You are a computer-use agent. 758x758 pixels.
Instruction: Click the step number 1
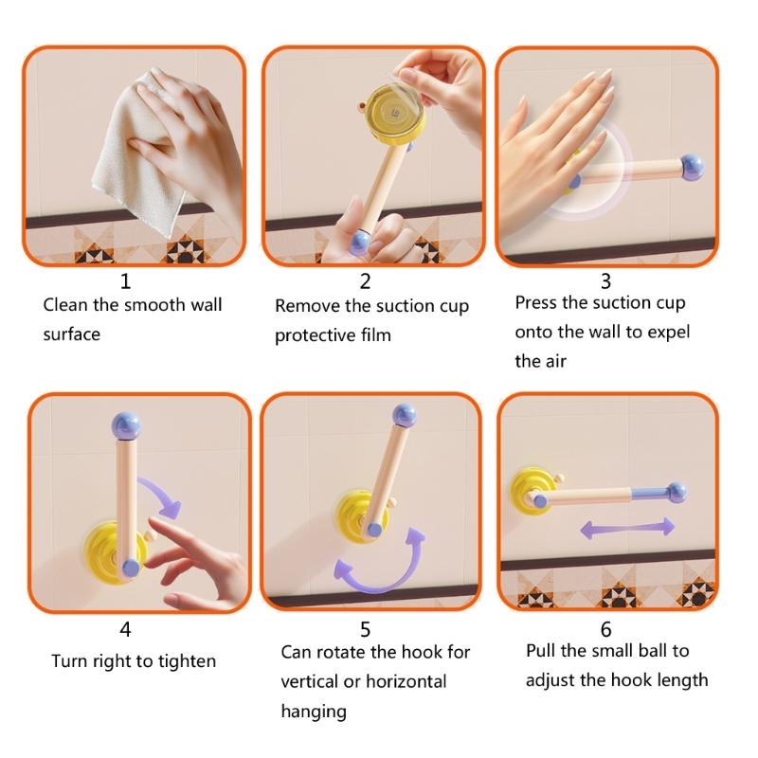[x=125, y=281]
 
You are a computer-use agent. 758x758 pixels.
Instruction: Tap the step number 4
[x=125, y=629]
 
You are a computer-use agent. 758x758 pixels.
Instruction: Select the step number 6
[x=605, y=629]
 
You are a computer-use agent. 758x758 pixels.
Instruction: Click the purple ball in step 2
[x=361, y=244]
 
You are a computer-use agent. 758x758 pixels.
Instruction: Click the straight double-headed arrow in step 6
[x=627, y=528]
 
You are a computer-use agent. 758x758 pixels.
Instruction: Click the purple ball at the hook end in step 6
[x=675, y=491]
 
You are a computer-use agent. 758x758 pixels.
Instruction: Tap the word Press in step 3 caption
[x=537, y=303]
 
